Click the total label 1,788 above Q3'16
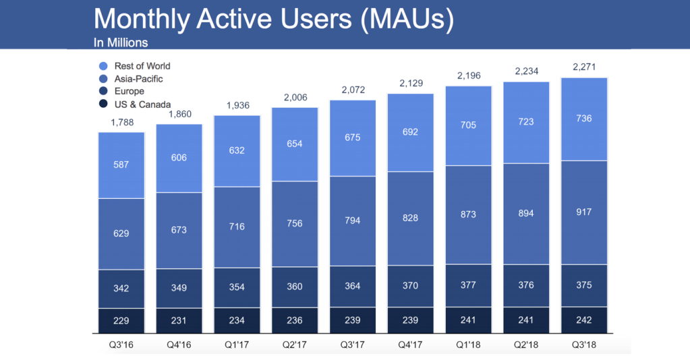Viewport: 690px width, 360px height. tap(121, 122)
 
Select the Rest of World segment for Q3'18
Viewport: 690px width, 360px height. tap(584, 119)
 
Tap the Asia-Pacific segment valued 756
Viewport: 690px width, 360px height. tap(295, 224)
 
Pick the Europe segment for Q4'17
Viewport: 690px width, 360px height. tap(410, 286)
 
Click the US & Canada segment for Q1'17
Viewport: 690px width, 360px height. tap(237, 321)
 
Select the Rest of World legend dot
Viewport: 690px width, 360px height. tap(103, 66)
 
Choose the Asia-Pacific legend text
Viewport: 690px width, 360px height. tap(138, 79)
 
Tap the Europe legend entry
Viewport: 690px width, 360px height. tap(128, 91)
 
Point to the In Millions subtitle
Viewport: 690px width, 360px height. tap(121, 42)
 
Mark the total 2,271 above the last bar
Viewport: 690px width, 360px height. tap(584, 67)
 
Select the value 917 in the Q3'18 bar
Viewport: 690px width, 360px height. tap(584, 212)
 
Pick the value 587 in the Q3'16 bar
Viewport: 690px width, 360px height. tap(121, 164)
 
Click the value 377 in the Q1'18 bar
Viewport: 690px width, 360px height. tap(468, 285)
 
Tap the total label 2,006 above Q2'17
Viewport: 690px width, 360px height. tap(295, 97)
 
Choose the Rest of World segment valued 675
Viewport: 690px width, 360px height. tap(352, 138)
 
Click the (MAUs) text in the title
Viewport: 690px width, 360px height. tap(407, 20)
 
